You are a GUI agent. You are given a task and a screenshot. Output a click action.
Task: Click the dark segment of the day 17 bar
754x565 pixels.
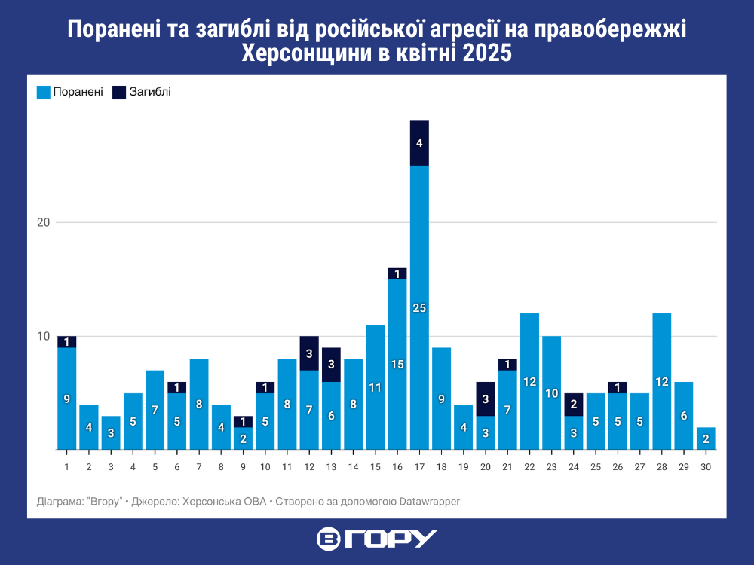click(x=419, y=142)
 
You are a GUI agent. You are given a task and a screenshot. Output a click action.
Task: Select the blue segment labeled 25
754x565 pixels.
click(x=419, y=307)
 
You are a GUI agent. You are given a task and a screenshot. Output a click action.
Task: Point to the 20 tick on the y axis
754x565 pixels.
click(x=43, y=223)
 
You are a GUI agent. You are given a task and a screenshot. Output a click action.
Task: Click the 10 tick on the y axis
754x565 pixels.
click(x=43, y=337)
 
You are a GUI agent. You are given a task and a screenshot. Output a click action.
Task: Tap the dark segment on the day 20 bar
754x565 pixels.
click(x=486, y=399)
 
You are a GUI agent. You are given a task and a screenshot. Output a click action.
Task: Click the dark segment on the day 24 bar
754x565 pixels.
click(x=574, y=405)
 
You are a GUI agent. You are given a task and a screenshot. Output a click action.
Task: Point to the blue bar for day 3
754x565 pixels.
click(x=111, y=433)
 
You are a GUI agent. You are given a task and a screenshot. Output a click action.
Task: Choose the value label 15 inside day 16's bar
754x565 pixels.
click(x=397, y=365)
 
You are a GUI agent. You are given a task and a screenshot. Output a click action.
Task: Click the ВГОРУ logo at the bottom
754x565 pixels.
click(x=377, y=539)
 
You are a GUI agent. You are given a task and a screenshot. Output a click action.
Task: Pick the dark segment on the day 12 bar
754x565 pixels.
click(x=309, y=353)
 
